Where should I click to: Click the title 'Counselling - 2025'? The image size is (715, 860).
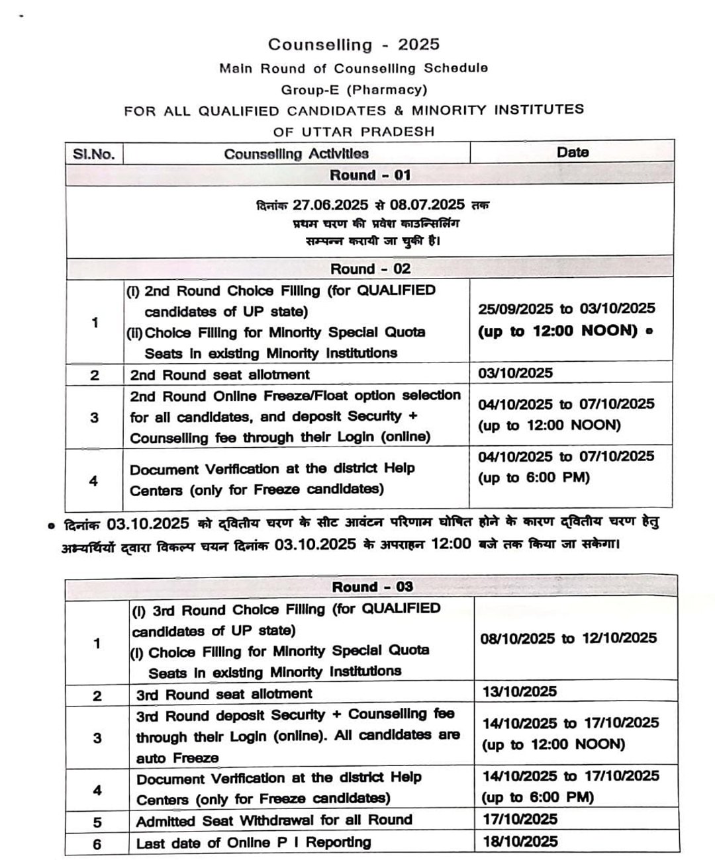click(x=354, y=44)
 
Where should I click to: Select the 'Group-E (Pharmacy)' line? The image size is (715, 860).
click(x=354, y=89)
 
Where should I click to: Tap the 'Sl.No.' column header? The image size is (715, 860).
click(x=94, y=154)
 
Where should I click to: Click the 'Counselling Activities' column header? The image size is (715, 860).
click(x=296, y=154)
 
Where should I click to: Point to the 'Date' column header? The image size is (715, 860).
click(x=572, y=152)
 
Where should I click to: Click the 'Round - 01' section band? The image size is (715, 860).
click(x=369, y=175)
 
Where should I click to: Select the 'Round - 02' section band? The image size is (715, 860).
click(x=369, y=269)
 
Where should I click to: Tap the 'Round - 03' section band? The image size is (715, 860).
click(x=372, y=587)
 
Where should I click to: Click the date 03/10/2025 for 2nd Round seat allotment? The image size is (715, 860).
click(x=515, y=372)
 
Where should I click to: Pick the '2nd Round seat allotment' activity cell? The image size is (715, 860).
click(x=220, y=375)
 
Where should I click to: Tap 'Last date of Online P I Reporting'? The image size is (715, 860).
click(x=254, y=843)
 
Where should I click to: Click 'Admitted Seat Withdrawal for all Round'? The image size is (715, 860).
click(x=274, y=820)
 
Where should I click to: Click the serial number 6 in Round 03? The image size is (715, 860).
click(x=97, y=844)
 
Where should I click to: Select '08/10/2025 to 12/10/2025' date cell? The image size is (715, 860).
click(x=568, y=638)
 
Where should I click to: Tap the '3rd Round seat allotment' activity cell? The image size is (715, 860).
click(x=224, y=694)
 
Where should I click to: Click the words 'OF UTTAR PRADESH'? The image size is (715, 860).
click(x=354, y=131)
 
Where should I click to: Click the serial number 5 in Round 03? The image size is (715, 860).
click(x=97, y=822)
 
